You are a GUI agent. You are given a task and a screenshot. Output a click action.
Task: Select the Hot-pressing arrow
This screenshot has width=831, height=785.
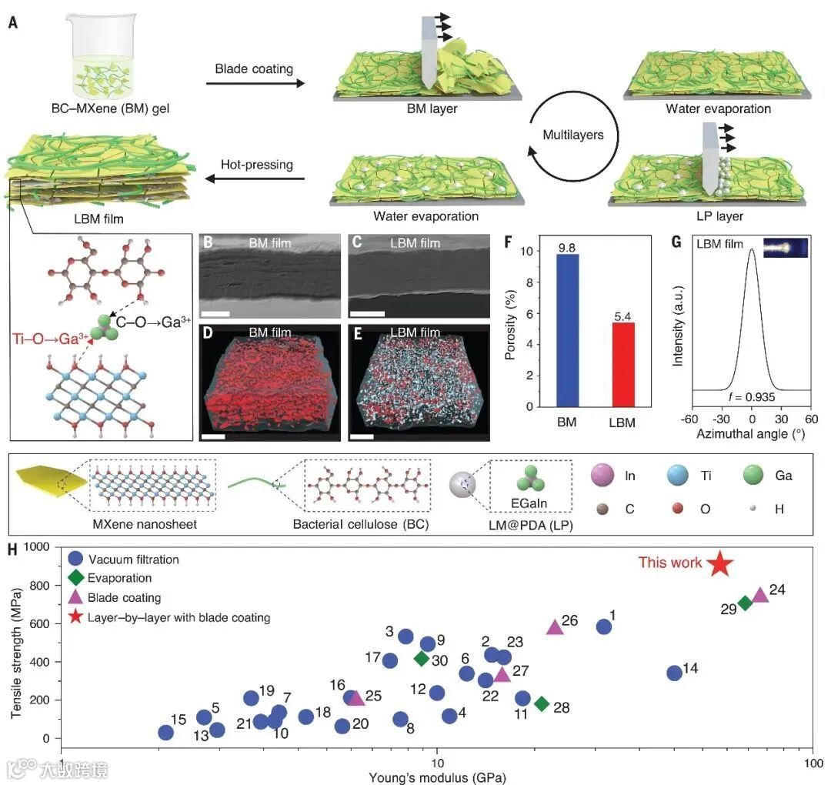(x=254, y=179)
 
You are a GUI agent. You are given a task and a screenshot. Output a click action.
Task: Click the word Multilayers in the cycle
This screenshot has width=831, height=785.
(x=573, y=134)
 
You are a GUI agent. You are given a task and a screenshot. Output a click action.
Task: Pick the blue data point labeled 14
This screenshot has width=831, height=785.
(x=674, y=673)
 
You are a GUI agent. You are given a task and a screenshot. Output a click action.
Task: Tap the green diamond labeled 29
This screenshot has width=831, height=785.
(x=745, y=603)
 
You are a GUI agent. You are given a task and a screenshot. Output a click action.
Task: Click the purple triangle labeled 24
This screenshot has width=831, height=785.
(x=760, y=595)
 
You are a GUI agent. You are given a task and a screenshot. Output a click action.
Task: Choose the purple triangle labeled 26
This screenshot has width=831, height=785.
(x=555, y=627)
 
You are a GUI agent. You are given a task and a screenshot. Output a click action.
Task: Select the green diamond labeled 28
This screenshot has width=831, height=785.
(x=542, y=703)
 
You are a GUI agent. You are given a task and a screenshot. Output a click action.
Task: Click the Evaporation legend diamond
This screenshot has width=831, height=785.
(x=75, y=578)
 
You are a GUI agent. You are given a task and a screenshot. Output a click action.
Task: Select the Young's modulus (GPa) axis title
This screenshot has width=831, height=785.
(x=437, y=777)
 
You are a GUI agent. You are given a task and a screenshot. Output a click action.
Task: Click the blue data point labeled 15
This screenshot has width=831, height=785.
(x=165, y=732)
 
